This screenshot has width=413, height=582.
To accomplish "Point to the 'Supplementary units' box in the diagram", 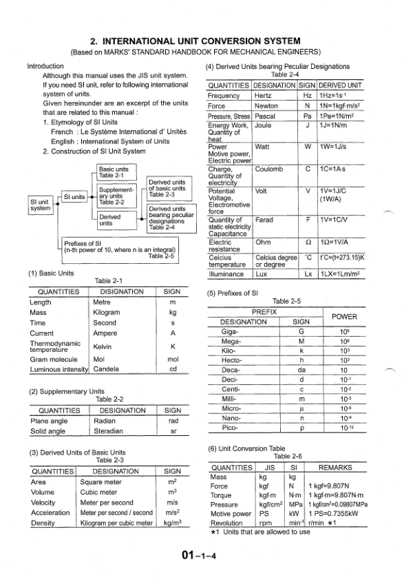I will (x=115, y=196).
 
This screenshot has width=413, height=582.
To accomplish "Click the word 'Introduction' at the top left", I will (x=45, y=66).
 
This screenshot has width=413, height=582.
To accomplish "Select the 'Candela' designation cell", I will (x=106, y=369).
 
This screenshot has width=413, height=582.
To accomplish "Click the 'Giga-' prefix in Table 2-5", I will (x=230, y=331).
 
